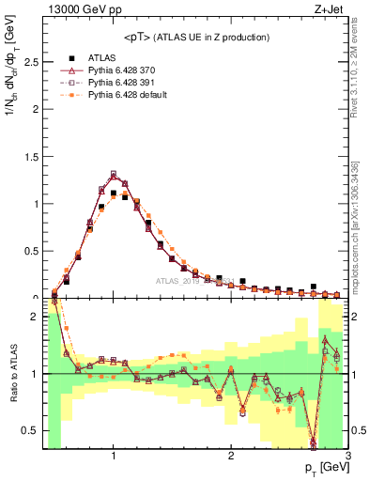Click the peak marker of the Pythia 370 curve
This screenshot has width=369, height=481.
pos(114,175)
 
